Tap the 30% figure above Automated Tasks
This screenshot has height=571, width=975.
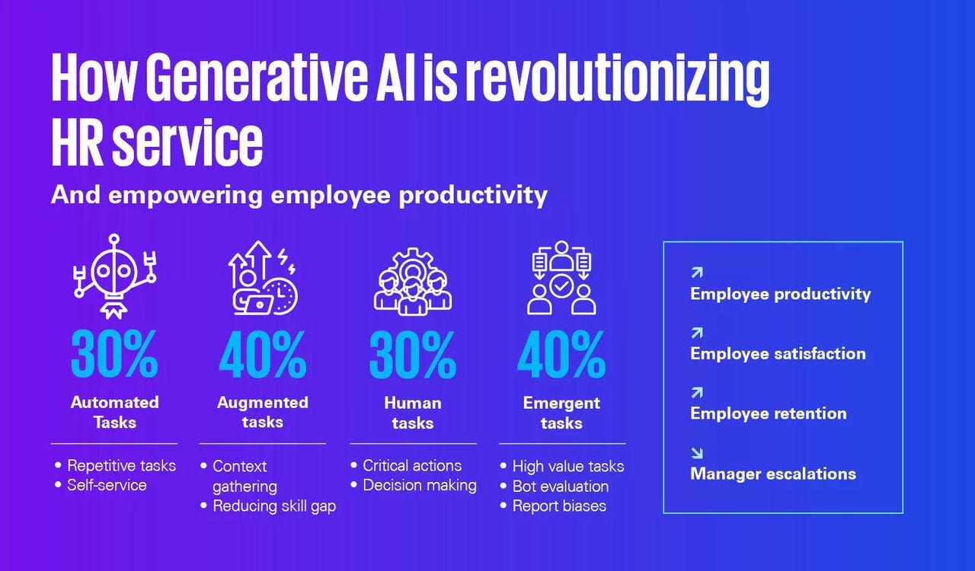114,354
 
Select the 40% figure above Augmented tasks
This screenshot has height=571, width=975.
263,354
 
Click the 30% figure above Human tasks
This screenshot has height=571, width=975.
413,354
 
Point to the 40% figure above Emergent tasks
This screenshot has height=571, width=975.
561,354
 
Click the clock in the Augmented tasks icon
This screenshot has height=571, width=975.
282,296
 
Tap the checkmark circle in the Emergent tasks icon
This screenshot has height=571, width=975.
561,286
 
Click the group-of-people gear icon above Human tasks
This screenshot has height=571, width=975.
413,282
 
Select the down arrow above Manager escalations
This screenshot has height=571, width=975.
697,453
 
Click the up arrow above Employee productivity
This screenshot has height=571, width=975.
697,273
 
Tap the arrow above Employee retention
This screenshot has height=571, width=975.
697,393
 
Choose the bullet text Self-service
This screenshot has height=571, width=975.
107,485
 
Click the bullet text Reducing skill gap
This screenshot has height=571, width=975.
274,506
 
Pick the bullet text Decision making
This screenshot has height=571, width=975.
420,485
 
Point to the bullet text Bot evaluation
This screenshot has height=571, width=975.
561,486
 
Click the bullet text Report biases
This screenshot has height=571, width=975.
559,506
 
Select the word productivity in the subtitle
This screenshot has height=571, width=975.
473,195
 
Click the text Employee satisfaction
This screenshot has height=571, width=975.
778,353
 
